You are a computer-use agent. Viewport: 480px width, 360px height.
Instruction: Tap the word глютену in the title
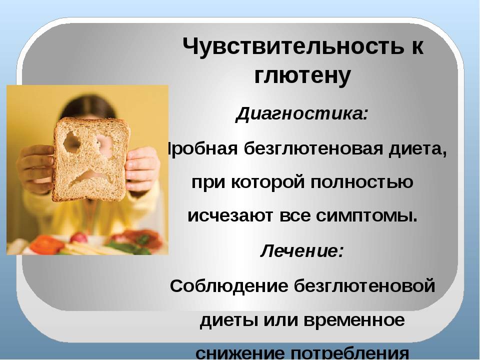[x=302, y=76]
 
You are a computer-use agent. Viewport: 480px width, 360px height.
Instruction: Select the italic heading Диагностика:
[x=301, y=114]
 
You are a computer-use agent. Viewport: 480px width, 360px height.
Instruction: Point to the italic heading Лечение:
[x=302, y=251]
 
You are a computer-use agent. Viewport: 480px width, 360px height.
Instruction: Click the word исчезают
[x=231, y=216]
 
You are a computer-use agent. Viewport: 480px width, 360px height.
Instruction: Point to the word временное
[x=354, y=320]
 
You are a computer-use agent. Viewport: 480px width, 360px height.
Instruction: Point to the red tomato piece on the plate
[x=46, y=245]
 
